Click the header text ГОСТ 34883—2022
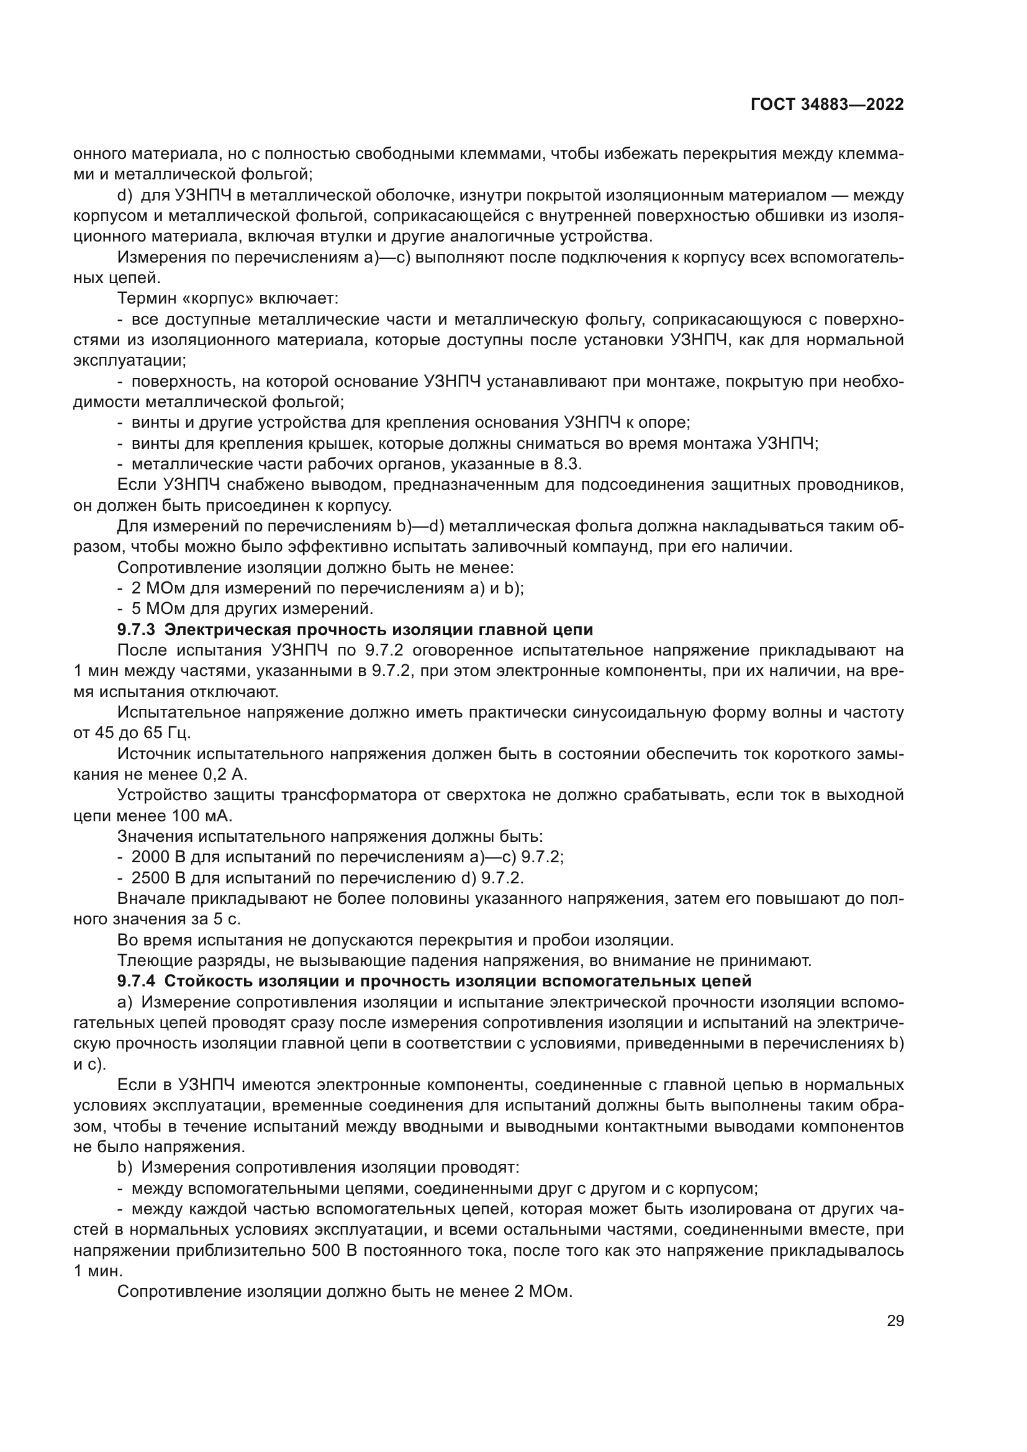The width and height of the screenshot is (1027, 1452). coord(827,105)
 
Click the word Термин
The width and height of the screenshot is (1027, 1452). coord(140,299)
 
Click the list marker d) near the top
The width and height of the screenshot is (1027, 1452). coord(125,196)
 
